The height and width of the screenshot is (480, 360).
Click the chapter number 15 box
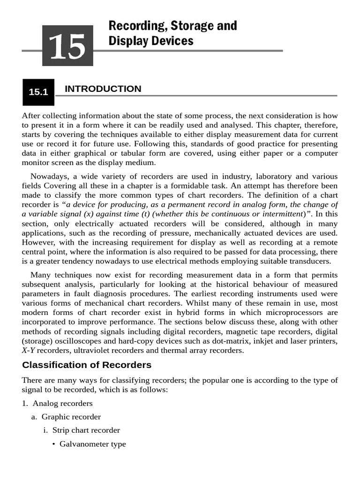coord(67,45)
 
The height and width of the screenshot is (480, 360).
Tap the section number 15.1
coord(38,92)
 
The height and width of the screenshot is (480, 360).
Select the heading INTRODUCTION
coord(103,89)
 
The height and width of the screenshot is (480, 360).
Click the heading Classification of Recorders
coord(87,365)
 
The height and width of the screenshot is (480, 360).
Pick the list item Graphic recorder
coord(71,417)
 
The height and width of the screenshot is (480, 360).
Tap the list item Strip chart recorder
coord(86,430)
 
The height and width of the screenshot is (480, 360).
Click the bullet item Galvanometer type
coord(92,444)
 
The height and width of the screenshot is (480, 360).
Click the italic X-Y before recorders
coord(28,350)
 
